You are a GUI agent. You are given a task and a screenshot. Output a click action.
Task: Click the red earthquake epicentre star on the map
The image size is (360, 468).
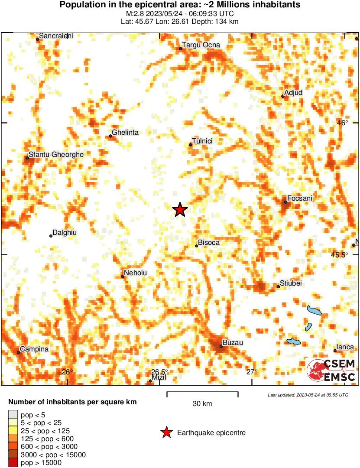pos(180,210)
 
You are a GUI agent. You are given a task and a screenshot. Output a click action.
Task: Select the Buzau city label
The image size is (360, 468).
pos(233,342)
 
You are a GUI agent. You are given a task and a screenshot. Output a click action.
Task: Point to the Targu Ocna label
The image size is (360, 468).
pos(201,45)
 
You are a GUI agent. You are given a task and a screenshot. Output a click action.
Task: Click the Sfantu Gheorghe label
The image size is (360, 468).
pos(56,154)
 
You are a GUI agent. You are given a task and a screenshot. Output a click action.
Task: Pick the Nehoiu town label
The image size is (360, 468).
pos(136,273)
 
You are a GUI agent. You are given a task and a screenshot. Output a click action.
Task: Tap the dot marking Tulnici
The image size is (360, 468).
pos(190,145)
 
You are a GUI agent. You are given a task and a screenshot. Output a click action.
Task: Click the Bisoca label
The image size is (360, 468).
pos(208,243)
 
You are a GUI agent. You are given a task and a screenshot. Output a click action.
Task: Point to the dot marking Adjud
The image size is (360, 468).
pos(282,96)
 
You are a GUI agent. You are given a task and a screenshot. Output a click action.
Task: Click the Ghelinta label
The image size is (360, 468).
pos(125,133)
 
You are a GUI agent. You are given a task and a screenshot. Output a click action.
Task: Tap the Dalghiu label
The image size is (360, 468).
pos(64,233)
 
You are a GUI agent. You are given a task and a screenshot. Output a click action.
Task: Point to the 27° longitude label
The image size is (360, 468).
pos(252,372)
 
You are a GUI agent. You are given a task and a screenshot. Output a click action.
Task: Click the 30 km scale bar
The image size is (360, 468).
pos(202,394)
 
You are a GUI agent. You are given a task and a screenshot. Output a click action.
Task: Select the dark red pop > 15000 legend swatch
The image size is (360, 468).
pos(13,463)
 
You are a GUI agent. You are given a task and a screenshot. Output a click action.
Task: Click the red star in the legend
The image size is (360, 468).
pos(166,432)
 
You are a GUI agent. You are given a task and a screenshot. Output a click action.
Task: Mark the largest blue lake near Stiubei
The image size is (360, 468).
pos(314,311)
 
